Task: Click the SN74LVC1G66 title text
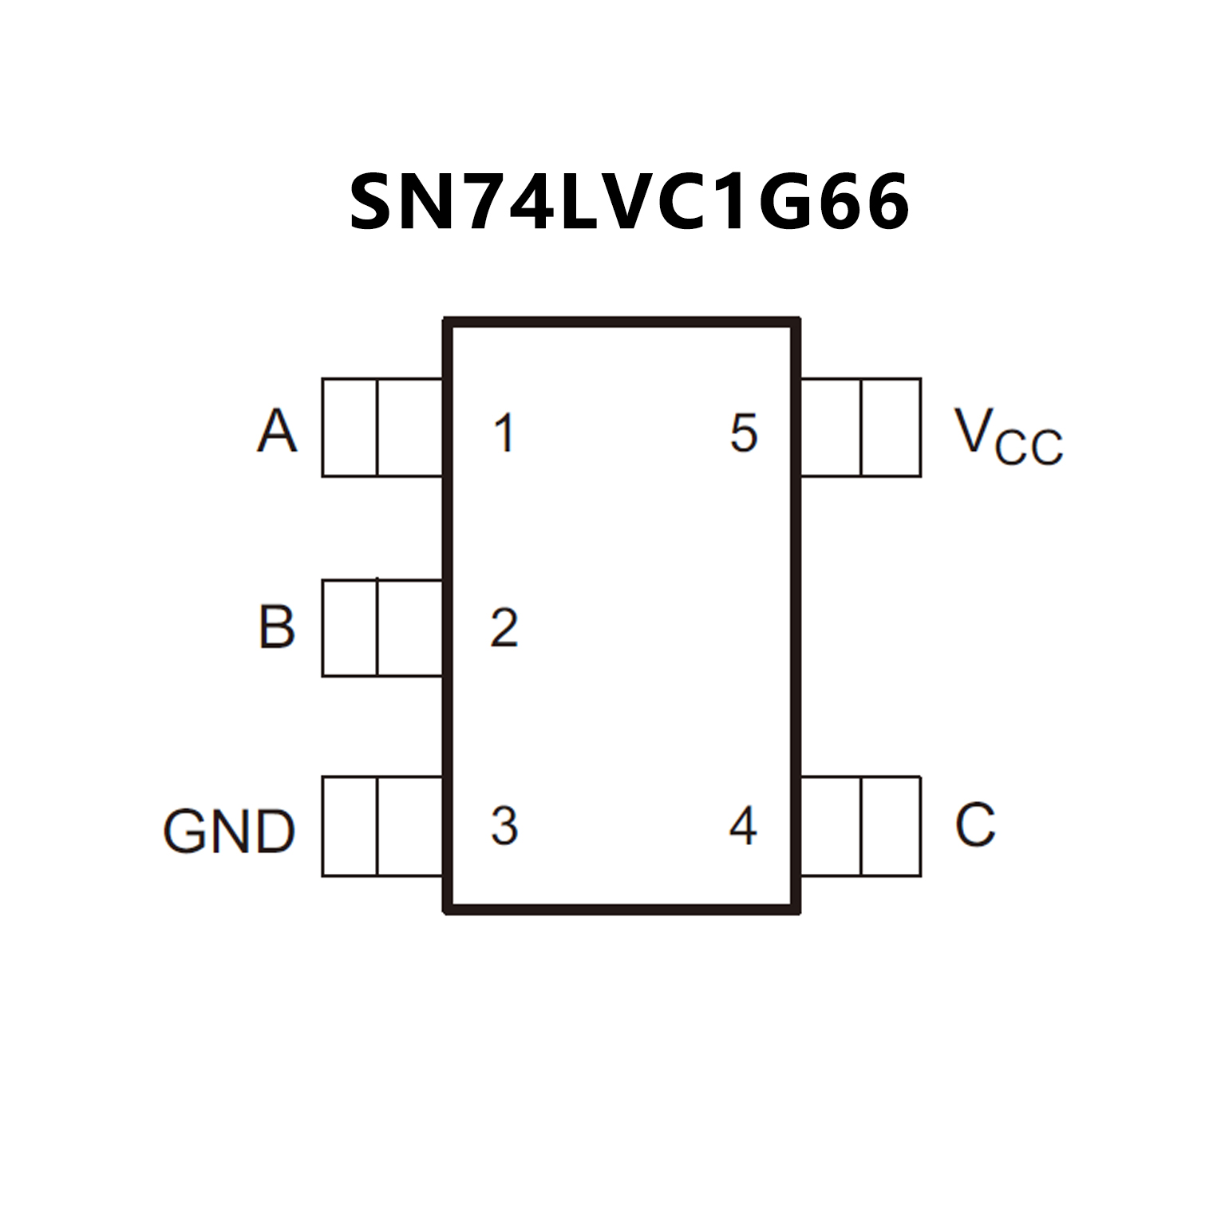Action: pyautogui.click(x=629, y=203)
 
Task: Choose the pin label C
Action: pyautogui.click(x=974, y=824)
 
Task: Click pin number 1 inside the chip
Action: pyautogui.click(x=504, y=433)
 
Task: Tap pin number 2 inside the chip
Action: pyautogui.click(x=504, y=628)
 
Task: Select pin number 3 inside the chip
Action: pyautogui.click(x=504, y=825)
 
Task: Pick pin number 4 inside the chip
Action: pyautogui.click(x=743, y=825)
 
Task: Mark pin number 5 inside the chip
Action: pyautogui.click(x=743, y=433)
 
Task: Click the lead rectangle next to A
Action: pyautogui.click(x=382, y=428)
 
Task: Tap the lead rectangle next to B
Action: pyautogui.click(x=382, y=628)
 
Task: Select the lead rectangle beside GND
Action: pyautogui.click(x=382, y=826)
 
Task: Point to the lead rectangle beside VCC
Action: pyautogui.click(x=860, y=428)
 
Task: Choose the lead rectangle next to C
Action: pyautogui.click(x=860, y=826)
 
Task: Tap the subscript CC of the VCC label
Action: pyautogui.click(x=1029, y=448)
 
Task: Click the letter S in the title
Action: pyautogui.click(x=373, y=203)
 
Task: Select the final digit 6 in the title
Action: pyautogui.click(x=883, y=203)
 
